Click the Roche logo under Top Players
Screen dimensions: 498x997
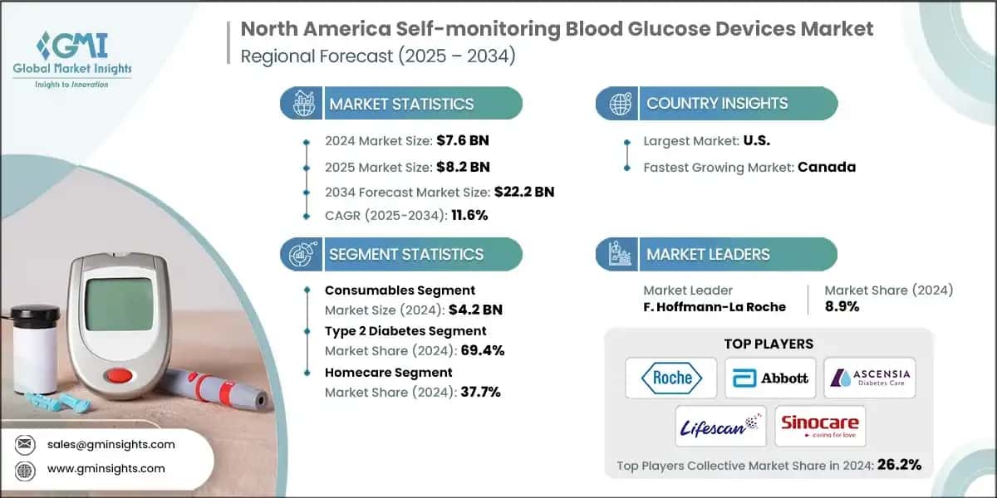point(672,378)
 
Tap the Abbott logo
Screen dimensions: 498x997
point(770,378)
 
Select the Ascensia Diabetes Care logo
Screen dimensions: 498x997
point(869,378)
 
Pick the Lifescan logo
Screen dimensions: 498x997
point(720,426)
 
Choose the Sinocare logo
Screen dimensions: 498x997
point(820,426)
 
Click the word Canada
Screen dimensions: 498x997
point(827,167)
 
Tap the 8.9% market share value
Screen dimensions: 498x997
point(842,306)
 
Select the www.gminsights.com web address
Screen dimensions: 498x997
point(106,468)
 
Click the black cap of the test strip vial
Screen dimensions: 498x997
point(35,315)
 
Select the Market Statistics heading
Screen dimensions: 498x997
point(401,104)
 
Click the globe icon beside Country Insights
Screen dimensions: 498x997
point(619,104)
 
